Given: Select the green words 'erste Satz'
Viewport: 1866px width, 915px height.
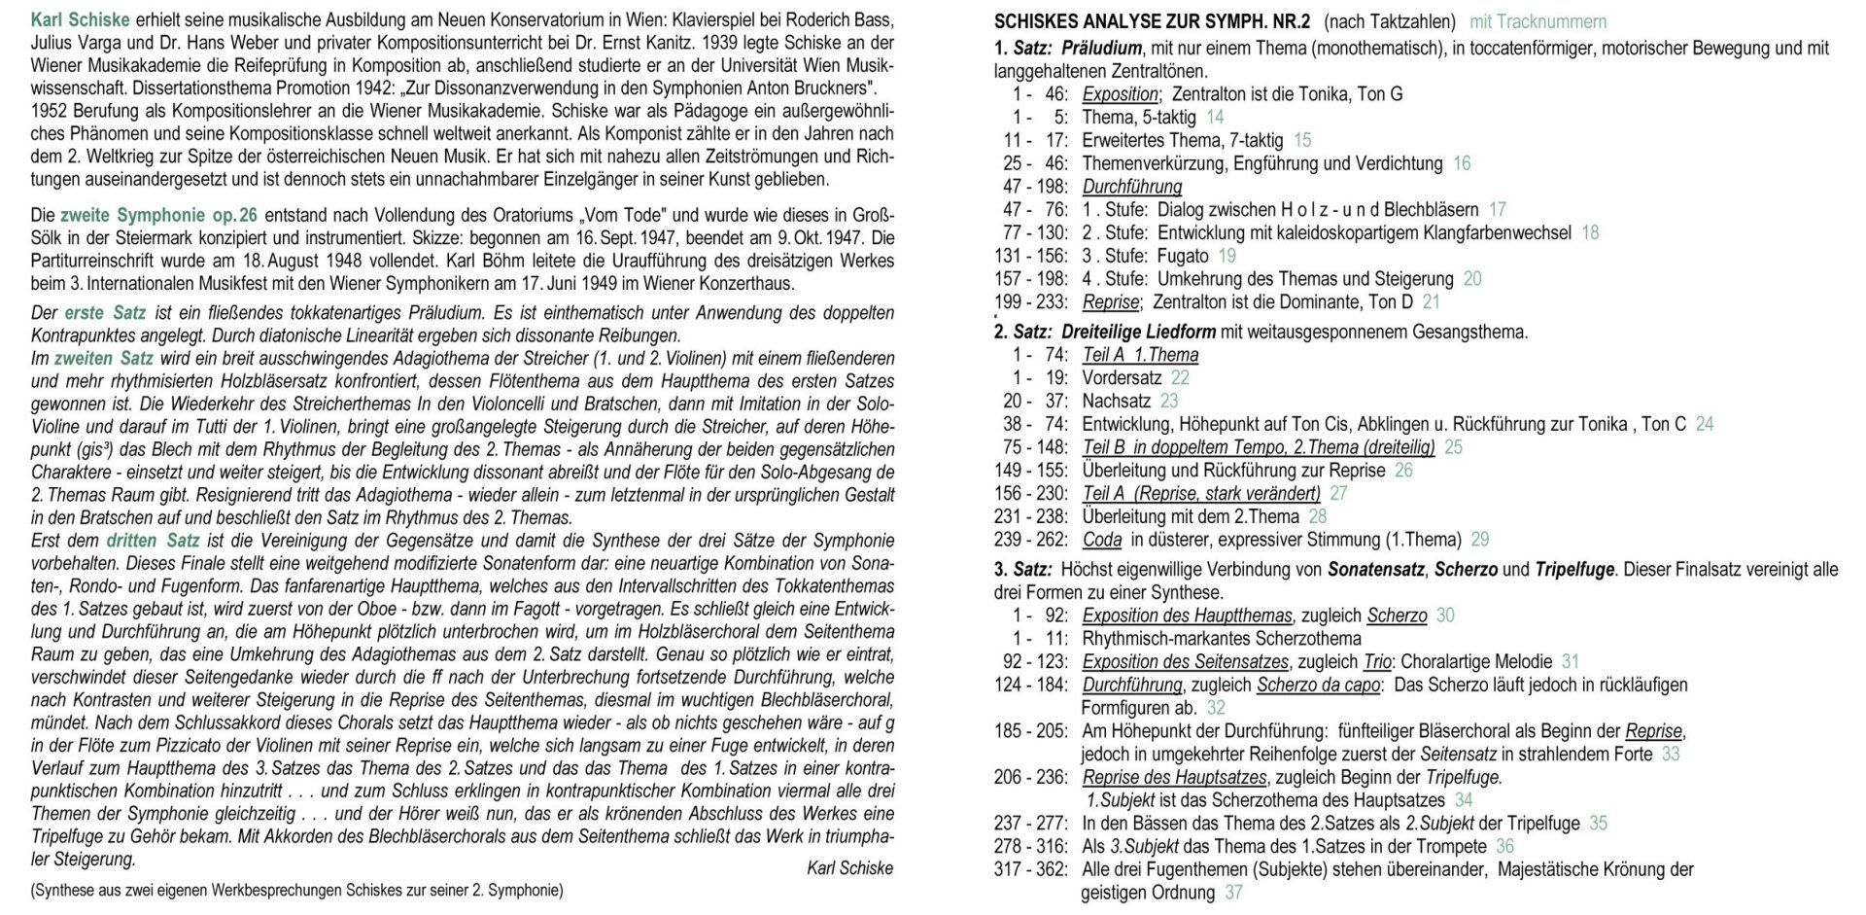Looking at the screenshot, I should coord(105,313).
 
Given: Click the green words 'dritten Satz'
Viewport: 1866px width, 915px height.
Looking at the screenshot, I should coord(153,541).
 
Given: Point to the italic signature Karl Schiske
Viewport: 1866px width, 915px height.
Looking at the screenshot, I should coord(849,868).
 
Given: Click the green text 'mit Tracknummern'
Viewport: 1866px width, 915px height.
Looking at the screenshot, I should coord(1538,21).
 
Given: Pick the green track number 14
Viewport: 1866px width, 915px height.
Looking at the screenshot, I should coord(1215,118).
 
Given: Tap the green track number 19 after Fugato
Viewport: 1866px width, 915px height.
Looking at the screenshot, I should coord(1227,256).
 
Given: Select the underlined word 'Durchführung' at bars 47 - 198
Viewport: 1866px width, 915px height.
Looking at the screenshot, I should coord(1132,187).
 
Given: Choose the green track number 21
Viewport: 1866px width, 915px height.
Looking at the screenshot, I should coord(1431,302).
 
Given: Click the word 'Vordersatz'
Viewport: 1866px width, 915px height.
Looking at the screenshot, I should coord(1122,378).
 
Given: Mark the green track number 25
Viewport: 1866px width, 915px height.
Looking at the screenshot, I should coord(1453,447).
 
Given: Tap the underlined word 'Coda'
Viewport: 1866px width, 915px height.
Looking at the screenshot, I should coord(1102,540).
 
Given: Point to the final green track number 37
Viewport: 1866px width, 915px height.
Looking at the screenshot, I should coord(1233,893).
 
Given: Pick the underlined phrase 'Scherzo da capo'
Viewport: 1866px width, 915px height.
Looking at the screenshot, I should coord(1319,685).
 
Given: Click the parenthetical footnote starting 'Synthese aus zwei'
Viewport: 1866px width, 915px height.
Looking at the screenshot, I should coord(296,890).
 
